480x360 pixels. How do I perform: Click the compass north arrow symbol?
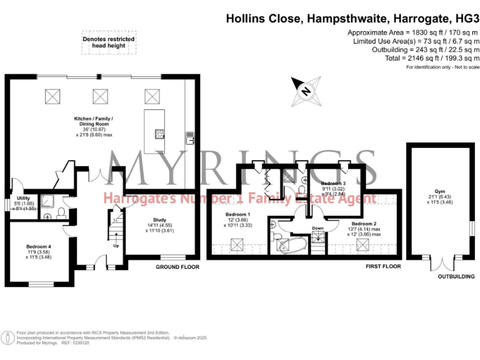tap(306, 90)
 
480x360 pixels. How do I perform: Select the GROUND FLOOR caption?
tap(177, 267)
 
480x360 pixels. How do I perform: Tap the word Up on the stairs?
tap(116, 245)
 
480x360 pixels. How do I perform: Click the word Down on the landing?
tap(318, 228)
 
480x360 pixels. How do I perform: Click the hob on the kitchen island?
tap(159, 133)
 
